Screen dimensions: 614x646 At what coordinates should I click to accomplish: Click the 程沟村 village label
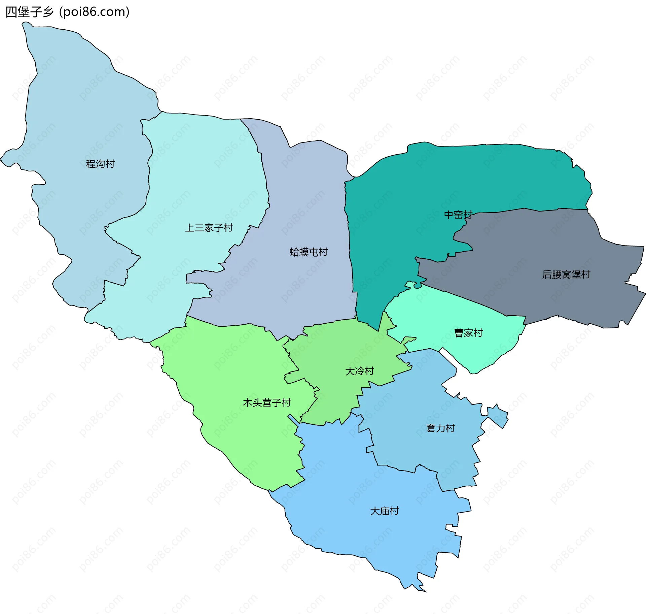(x=100, y=164)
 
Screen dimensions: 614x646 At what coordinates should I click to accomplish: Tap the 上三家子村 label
(x=209, y=228)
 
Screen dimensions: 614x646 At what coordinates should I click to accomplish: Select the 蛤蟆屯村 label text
(x=309, y=252)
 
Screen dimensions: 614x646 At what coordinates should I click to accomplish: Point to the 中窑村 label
(x=458, y=215)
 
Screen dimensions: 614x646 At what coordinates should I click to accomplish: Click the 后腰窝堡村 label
(x=566, y=274)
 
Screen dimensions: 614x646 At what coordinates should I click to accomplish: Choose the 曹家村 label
(x=468, y=333)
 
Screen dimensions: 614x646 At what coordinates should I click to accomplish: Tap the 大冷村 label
(x=359, y=371)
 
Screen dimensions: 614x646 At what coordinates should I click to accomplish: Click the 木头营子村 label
(x=266, y=402)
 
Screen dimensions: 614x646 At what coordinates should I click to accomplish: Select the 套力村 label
(x=440, y=428)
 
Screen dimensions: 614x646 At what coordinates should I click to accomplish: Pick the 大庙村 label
(x=384, y=511)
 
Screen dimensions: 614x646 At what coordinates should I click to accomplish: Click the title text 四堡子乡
(x=30, y=12)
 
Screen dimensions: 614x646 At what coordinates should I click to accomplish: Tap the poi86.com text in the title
(x=94, y=12)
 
